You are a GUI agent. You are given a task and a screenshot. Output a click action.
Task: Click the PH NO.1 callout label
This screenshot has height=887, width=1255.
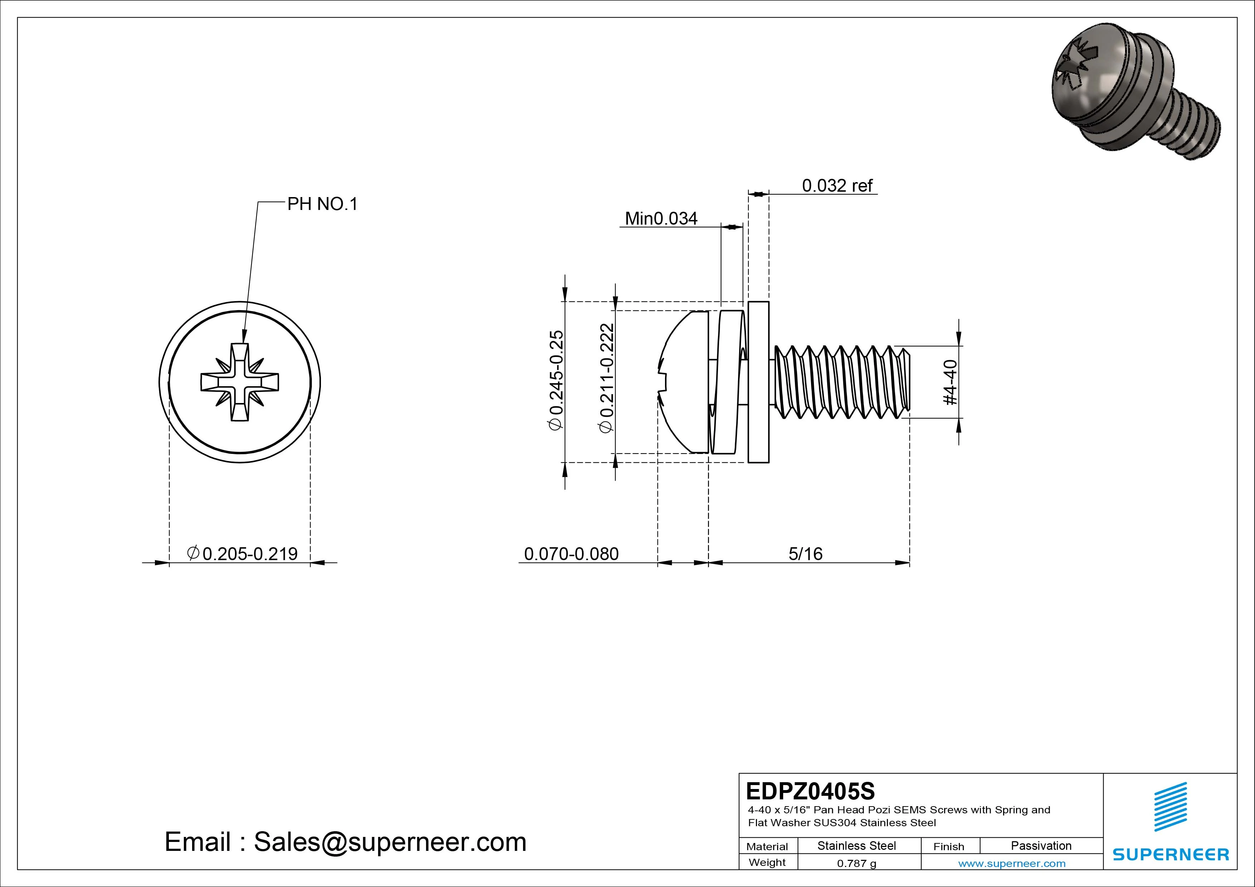(322, 204)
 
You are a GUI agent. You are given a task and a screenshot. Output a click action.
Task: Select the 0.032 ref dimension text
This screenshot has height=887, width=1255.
(837, 186)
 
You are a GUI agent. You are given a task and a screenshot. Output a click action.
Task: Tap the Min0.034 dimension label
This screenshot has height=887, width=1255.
(661, 219)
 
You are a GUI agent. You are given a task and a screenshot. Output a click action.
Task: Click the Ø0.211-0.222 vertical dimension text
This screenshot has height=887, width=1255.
(607, 378)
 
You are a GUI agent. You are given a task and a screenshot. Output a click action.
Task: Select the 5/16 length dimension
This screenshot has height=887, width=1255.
(805, 554)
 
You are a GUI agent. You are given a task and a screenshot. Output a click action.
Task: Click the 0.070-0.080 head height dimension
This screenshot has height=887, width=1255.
(571, 554)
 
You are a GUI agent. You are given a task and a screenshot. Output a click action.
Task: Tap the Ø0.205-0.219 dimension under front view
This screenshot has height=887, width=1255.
(242, 554)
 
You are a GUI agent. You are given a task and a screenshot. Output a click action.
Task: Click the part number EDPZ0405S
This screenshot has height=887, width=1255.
(810, 791)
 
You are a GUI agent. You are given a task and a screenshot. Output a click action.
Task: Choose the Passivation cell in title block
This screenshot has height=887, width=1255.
(1041, 846)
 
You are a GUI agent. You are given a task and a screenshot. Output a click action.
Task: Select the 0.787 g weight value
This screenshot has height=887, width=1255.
(856, 863)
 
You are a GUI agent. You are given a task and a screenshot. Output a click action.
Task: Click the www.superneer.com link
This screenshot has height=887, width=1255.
(1012, 863)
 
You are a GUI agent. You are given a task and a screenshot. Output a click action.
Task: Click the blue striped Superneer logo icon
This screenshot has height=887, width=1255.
(1170, 806)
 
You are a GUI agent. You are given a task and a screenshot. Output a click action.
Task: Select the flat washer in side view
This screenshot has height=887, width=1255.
(758, 382)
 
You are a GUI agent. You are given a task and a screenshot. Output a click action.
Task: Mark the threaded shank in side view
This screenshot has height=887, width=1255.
(842, 382)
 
